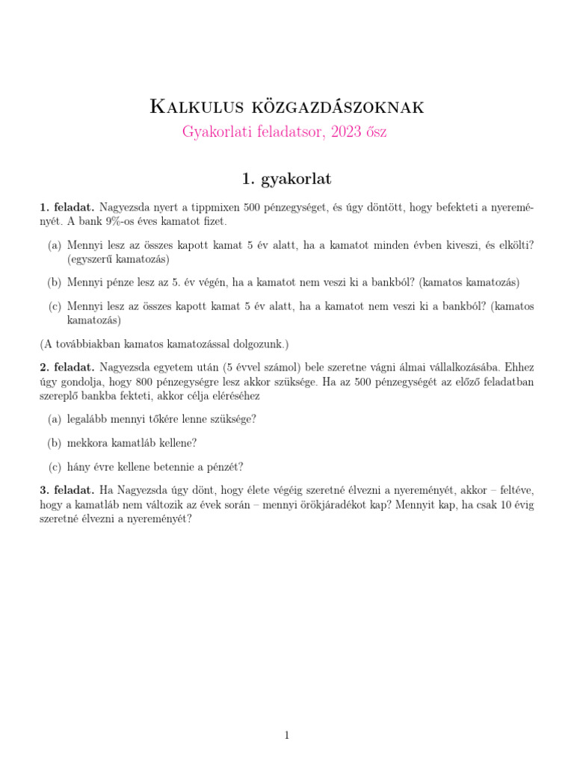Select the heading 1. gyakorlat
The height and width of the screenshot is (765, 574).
tap(286, 179)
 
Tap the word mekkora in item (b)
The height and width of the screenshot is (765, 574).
tap(88, 443)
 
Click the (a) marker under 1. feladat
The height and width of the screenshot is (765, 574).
tap(55, 245)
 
